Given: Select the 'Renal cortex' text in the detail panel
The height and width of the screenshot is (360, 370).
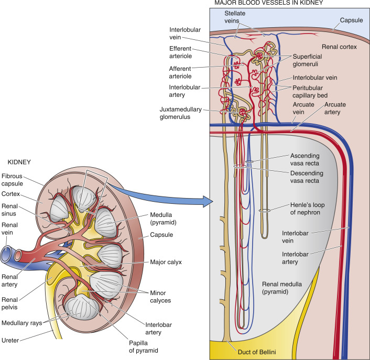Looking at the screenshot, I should [340, 47].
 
